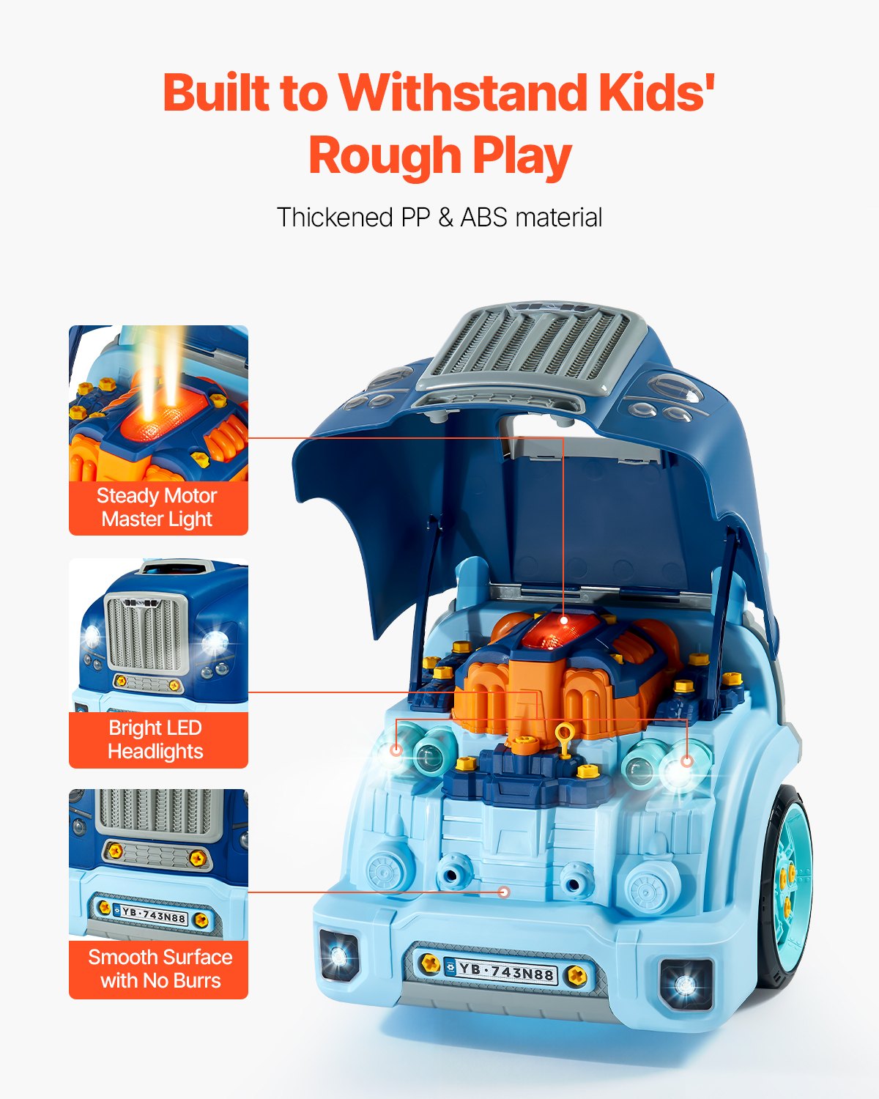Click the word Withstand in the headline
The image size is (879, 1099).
click(464, 93)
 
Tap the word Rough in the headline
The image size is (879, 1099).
click(384, 156)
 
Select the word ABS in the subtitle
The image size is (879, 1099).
click(483, 218)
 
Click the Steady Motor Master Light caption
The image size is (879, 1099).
click(157, 507)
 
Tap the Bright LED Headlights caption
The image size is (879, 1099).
click(155, 739)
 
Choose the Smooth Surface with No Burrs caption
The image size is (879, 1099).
click(160, 969)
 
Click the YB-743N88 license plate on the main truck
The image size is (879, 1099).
click(505, 972)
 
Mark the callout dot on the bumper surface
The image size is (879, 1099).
click(503, 892)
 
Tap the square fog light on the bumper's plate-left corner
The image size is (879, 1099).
click(338, 955)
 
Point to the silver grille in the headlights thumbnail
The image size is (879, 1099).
click(146, 632)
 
